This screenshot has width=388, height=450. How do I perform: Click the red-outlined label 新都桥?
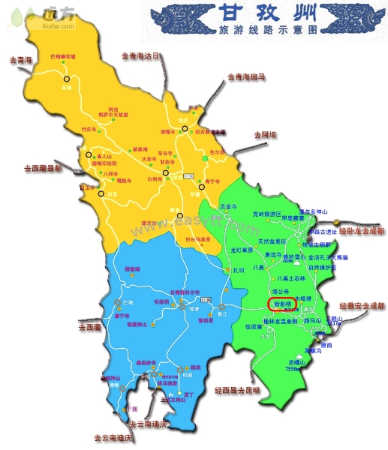[282, 304]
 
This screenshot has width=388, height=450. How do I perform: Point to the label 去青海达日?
[141, 55]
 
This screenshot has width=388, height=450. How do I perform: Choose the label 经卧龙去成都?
[361, 231]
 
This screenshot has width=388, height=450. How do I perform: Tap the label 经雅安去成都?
[361, 306]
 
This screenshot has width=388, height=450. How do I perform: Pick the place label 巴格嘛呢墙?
[63, 56]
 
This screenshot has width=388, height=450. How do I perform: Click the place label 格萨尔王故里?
[114, 115]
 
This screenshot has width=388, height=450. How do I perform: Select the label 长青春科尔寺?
[164, 292]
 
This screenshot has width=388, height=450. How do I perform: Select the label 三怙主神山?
[176, 400]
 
